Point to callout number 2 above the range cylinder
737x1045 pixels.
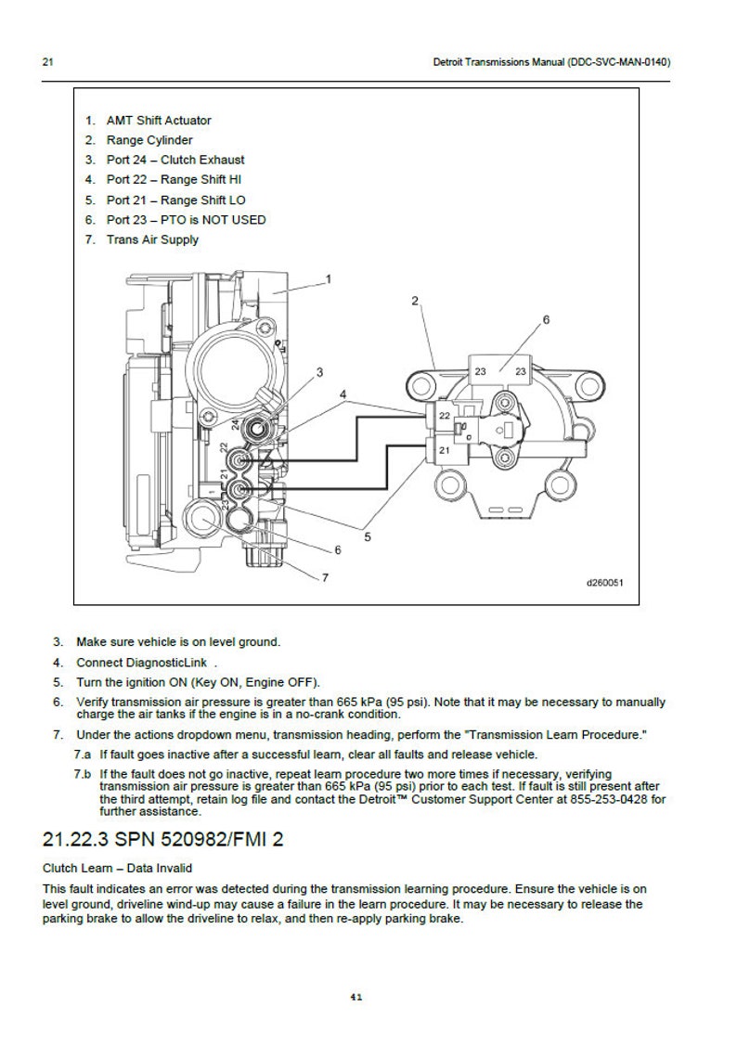click(415, 301)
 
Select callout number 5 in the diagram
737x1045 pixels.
click(368, 535)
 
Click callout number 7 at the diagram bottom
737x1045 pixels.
click(325, 577)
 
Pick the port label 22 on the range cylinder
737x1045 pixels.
click(444, 416)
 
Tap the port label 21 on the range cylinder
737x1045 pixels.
click(444, 450)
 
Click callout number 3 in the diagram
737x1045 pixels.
click(319, 372)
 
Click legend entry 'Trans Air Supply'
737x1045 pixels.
click(152, 239)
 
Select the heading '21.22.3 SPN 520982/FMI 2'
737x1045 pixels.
click(163, 840)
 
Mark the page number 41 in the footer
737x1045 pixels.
click(356, 998)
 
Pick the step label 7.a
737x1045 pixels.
click(83, 754)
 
